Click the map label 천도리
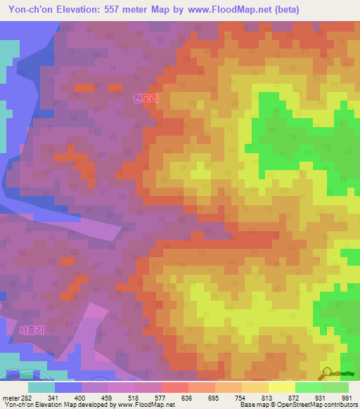(x=146, y=99)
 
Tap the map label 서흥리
(x=32, y=330)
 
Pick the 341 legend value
(x=53, y=398)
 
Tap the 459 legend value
(x=108, y=398)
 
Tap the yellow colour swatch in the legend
(x=281, y=387)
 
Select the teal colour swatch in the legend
(x=41, y=387)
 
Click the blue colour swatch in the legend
(x=68, y=387)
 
